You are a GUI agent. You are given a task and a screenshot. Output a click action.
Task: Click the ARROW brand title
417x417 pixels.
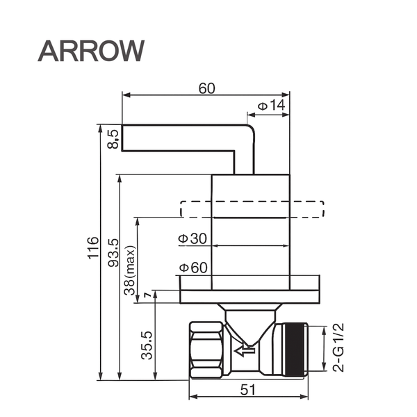point(90,50)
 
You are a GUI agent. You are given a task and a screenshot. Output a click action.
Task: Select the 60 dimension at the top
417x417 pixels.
point(206,88)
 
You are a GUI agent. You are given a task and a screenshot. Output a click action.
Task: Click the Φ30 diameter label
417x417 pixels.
point(193,238)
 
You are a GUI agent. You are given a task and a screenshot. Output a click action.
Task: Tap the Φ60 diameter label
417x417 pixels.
point(193,268)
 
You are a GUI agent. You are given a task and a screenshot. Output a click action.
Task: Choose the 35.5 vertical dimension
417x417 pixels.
point(147,344)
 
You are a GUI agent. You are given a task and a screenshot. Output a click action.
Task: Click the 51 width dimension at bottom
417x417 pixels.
point(247,390)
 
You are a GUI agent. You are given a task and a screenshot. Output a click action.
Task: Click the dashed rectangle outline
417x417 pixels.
point(252,209)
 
